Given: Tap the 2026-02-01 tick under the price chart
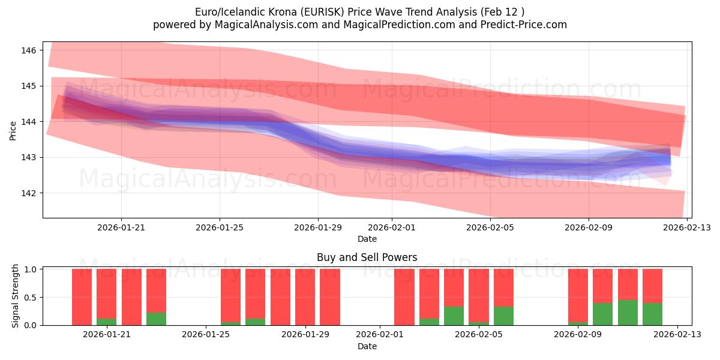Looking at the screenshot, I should coord(391,227).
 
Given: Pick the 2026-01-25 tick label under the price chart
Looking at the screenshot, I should coord(219,227).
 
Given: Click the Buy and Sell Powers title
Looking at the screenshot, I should coord(367,257).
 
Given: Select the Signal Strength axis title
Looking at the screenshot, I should coord(16,296).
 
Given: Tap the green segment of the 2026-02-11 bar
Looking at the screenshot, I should coord(628,313).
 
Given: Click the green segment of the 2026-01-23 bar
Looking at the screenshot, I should coord(156,319).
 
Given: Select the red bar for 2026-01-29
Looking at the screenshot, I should coord(305,297).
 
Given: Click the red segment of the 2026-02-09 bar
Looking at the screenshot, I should coord(578,295).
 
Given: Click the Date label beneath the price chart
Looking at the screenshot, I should coord(367,239).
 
